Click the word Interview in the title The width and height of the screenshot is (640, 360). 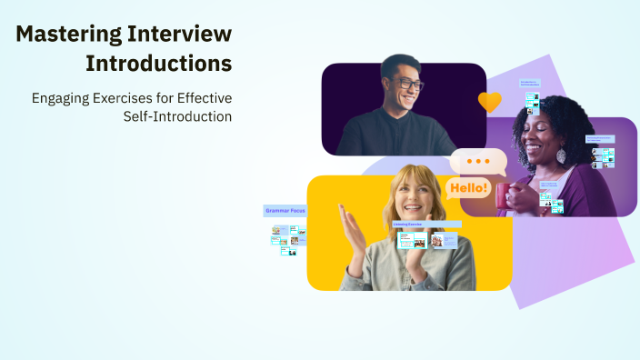184,35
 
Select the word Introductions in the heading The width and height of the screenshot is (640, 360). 158,65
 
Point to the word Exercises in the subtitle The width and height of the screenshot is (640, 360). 124,96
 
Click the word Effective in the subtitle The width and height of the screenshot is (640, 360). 205,96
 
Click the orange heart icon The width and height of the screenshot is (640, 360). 490,101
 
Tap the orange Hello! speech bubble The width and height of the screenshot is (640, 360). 468,189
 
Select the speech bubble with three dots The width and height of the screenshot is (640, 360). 478,162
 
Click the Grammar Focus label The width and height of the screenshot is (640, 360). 285,210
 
